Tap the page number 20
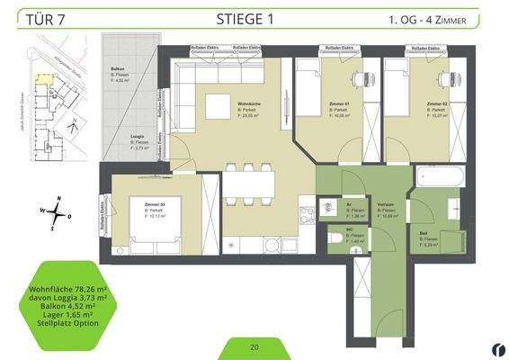[x=254, y=346]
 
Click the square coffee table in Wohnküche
[x=218, y=106]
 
